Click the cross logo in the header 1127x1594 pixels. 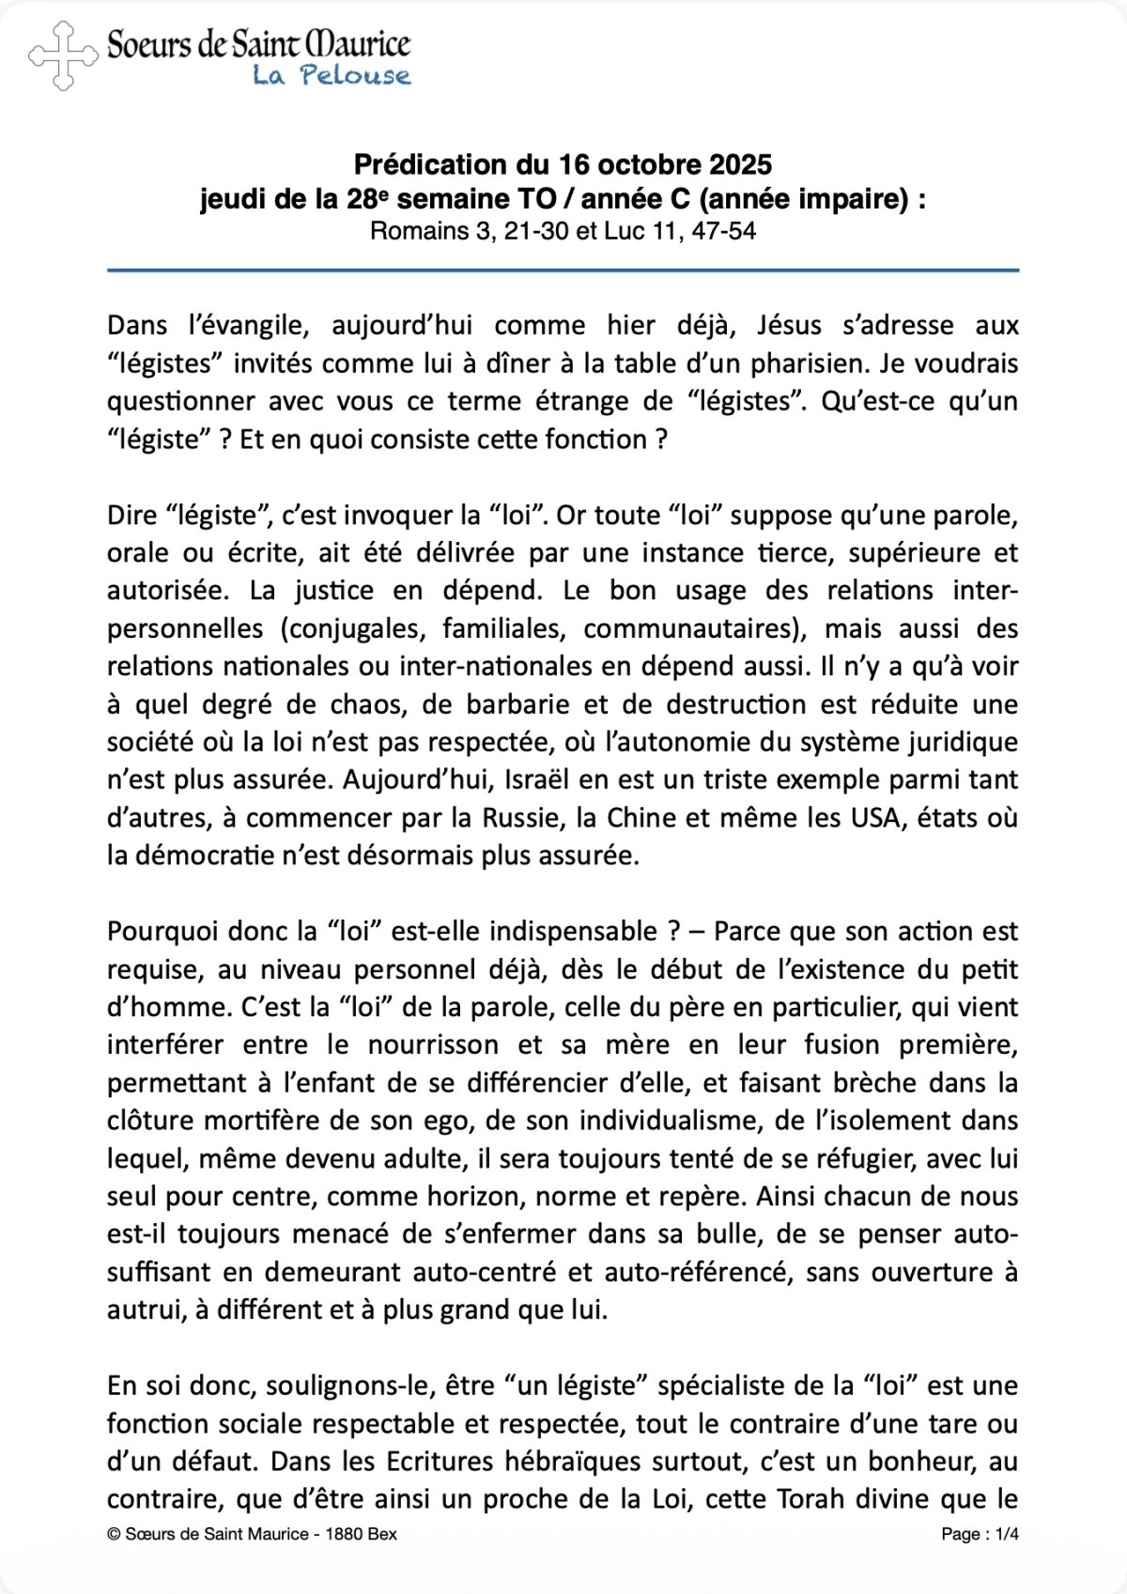[x=63, y=56]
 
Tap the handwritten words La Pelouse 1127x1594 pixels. [x=332, y=75]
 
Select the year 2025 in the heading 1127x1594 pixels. [x=740, y=164]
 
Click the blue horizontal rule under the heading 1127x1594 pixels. [x=563, y=271]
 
